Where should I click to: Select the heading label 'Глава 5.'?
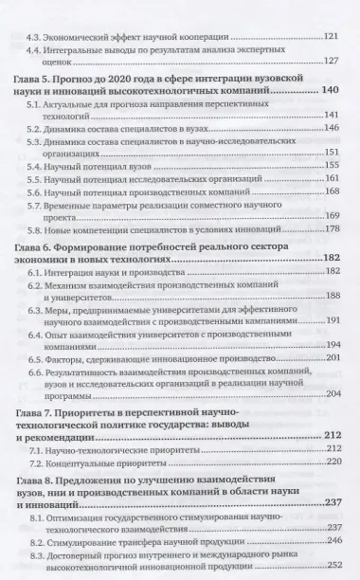[x=36, y=90]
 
